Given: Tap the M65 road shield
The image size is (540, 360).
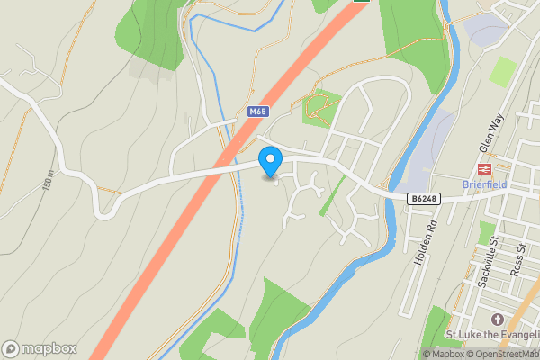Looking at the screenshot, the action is (258, 112).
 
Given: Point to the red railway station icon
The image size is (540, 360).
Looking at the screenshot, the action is (483, 167).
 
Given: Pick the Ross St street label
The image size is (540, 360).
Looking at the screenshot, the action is (517, 258).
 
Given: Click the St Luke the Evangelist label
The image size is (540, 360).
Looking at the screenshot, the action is (492, 336).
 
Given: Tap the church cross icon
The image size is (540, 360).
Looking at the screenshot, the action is (496, 319).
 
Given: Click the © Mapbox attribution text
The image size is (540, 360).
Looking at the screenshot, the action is (445, 354).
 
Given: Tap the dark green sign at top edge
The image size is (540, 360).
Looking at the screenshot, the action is (361, 2).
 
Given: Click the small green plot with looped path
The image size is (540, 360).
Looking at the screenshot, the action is (319, 108).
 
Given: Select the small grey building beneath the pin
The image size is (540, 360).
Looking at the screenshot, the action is (269, 177).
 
